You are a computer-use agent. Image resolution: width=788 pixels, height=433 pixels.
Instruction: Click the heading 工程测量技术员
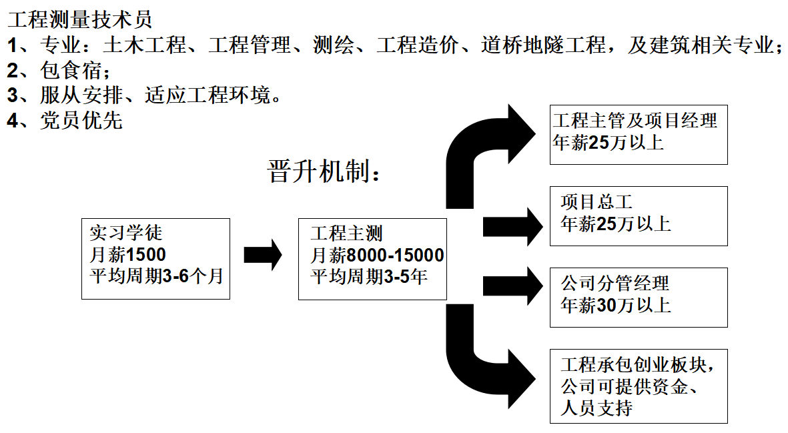click(x=80, y=19)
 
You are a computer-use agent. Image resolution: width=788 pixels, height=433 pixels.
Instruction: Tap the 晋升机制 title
click(x=326, y=171)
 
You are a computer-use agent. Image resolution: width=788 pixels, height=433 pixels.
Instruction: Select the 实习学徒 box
click(x=155, y=258)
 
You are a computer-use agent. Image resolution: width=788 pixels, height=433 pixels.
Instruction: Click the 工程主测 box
click(x=372, y=258)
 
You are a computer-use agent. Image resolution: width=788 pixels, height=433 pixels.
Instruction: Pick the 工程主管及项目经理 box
click(x=638, y=135)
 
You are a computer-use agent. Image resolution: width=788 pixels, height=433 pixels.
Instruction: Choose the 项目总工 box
click(x=638, y=215)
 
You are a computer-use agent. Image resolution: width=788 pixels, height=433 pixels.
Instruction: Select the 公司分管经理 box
click(x=638, y=297)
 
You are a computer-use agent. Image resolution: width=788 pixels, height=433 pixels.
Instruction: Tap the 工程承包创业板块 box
click(x=638, y=385)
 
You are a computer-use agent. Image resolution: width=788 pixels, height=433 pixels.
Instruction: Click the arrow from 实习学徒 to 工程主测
click(x=263, y=255)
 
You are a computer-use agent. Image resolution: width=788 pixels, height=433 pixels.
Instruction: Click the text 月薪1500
click(x=127, y=255)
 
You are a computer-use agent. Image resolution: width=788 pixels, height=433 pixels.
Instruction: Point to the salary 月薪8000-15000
click(x=377, y=255)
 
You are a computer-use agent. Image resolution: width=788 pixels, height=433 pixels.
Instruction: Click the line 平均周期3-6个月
click(x=156, y=276)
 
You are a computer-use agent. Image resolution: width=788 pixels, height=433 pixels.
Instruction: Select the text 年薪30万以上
click(x=616, y=306)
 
